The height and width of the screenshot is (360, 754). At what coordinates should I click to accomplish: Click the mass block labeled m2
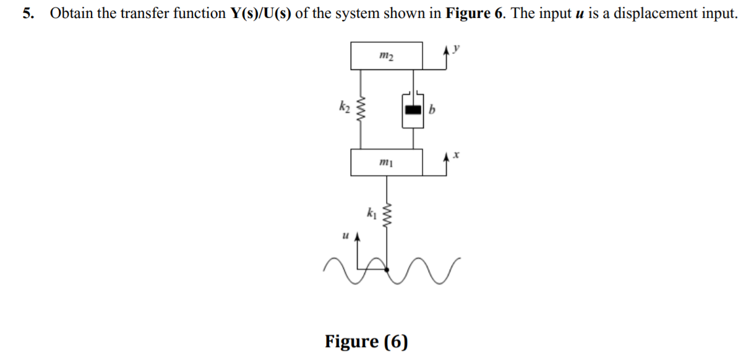387,56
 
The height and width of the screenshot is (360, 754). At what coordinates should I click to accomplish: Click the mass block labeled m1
387,163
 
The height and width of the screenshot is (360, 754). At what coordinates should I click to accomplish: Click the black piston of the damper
413,111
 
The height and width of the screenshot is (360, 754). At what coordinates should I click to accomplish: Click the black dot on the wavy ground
388,268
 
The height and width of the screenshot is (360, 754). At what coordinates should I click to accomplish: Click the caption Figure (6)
367,341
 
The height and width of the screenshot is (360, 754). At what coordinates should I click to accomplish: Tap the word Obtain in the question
71,14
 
